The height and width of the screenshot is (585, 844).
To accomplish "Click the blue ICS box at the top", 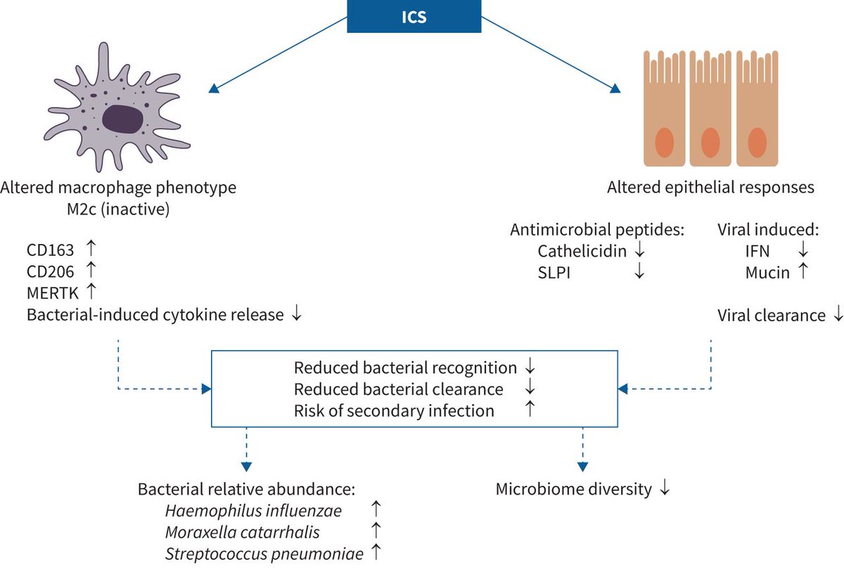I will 414,15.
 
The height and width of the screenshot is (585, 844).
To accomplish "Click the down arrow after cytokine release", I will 296,314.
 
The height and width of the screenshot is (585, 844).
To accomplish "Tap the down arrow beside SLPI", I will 639,273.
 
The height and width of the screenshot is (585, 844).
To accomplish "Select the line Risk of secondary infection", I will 394,411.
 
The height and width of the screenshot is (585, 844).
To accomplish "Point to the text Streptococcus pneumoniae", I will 264,553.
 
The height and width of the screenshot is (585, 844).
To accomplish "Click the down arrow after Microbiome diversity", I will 663,489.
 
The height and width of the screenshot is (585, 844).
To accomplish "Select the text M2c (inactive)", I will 118,210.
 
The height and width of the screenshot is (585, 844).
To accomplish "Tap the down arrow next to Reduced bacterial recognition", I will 530,367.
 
